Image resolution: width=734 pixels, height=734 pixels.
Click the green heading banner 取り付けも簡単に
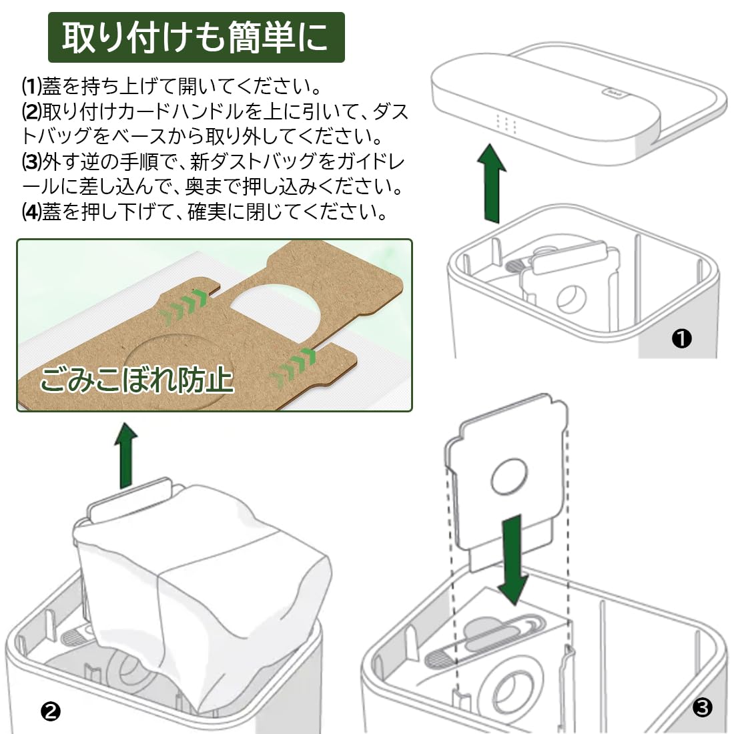[196, 37]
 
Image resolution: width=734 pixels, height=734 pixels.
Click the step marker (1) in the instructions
[31, 86]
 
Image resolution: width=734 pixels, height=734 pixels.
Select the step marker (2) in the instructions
[31, 111]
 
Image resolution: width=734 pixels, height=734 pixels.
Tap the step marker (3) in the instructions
[31, 162]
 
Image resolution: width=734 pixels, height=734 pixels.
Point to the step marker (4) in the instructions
[31, 213]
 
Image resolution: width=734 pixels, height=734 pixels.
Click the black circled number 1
[681, 339]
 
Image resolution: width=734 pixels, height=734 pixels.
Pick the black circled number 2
[51, 711]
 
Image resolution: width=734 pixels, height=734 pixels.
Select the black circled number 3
[701, 707]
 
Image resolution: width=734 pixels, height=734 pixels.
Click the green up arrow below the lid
[492, 183]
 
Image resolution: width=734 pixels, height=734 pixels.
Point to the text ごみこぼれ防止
[137, 380]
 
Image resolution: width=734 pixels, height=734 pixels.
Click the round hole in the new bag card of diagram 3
[509, 476]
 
